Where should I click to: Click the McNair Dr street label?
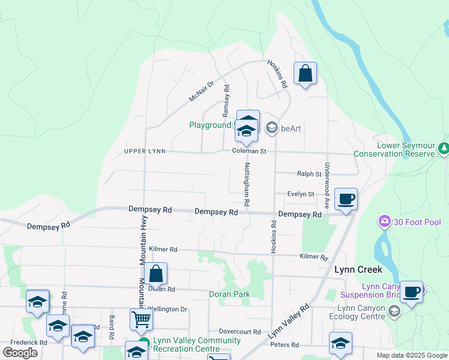[x=202, y=92]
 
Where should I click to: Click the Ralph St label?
[x=309, y=174]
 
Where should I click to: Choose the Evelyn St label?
[x=301, y=194]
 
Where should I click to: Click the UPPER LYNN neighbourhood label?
[x=144, y=151]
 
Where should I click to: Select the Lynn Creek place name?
[x=354, y=270]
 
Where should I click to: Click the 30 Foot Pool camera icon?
[x=384, y=222]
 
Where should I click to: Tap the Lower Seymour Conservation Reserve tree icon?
[x=444, y=148]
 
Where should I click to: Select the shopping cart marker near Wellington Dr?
[x=141, y=319]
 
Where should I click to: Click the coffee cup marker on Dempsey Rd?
[x=346, y=199]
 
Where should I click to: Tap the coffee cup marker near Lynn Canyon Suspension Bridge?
[x=411, y=292]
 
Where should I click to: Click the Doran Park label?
[x=229, y=295]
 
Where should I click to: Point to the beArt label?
[x=291, y=127]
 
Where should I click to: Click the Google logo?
[x=20, y=353]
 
